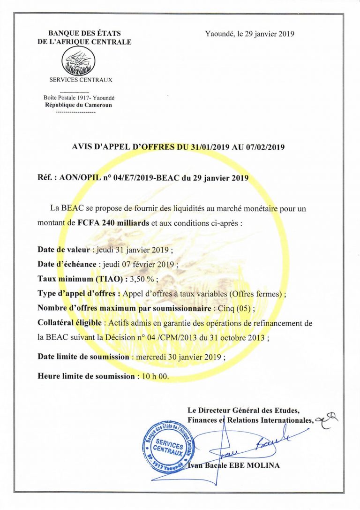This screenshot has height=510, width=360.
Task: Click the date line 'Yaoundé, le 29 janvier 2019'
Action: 249,34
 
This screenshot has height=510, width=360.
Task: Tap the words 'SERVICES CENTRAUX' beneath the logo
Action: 78,80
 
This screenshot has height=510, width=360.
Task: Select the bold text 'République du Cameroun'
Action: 78,105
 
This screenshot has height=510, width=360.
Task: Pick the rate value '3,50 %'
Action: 144,278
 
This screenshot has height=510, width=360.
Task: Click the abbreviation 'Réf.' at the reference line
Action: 47,178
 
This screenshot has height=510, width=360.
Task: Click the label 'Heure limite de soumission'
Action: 87,376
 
